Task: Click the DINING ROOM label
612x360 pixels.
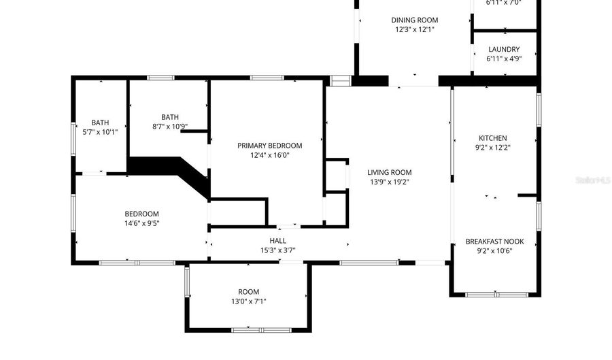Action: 414,20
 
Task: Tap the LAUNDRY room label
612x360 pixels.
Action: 503,49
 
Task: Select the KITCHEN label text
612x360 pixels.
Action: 492,138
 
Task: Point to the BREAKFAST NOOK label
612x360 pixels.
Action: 494,241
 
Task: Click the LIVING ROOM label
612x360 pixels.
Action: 389,172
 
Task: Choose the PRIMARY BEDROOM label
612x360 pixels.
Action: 269,146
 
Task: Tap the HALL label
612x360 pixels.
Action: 277,240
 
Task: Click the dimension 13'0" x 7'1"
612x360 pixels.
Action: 248,301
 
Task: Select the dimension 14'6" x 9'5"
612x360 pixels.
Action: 141,223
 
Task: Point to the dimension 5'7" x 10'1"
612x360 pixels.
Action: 100,132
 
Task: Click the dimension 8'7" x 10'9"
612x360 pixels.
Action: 169,126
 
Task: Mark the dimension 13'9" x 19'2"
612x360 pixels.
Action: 389,182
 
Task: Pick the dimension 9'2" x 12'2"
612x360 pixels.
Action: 492,148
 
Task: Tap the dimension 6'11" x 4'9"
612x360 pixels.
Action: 503,59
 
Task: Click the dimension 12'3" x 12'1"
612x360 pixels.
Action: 414,29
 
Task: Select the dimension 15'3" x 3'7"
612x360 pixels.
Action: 277,250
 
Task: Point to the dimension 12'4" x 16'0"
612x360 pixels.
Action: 269,155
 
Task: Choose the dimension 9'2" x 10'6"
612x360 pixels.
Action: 494,250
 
